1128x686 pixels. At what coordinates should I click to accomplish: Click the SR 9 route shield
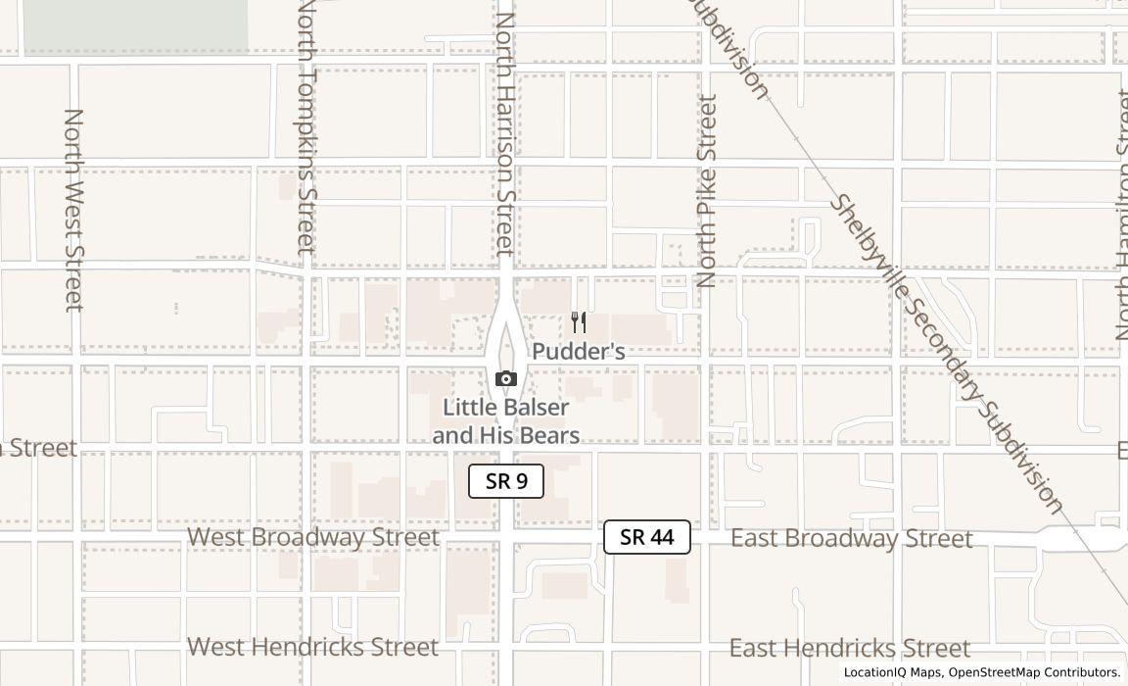coord(505,481)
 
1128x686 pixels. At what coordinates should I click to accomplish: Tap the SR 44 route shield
coord(646,537)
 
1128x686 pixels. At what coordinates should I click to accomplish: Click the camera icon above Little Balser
coord(506,378)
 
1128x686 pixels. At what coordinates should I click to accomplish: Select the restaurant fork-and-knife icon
coord(579,322)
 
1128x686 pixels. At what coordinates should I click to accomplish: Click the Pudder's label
coord(579,351)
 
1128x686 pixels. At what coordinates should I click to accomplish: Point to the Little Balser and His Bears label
coord(506,421)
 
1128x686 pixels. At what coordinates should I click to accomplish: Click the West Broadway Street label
coord(313,537)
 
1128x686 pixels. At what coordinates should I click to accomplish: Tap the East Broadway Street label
coord(852,538)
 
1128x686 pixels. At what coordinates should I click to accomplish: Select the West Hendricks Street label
coord(313,647)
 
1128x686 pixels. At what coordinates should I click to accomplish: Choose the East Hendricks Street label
coord(850,648)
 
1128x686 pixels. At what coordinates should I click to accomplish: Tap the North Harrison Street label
coord(505,127)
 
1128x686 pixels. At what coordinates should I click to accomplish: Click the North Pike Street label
coord(707,190)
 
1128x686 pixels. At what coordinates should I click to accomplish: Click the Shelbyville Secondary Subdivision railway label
coord(946,353)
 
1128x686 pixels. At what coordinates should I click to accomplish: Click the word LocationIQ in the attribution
coord(876,672)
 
